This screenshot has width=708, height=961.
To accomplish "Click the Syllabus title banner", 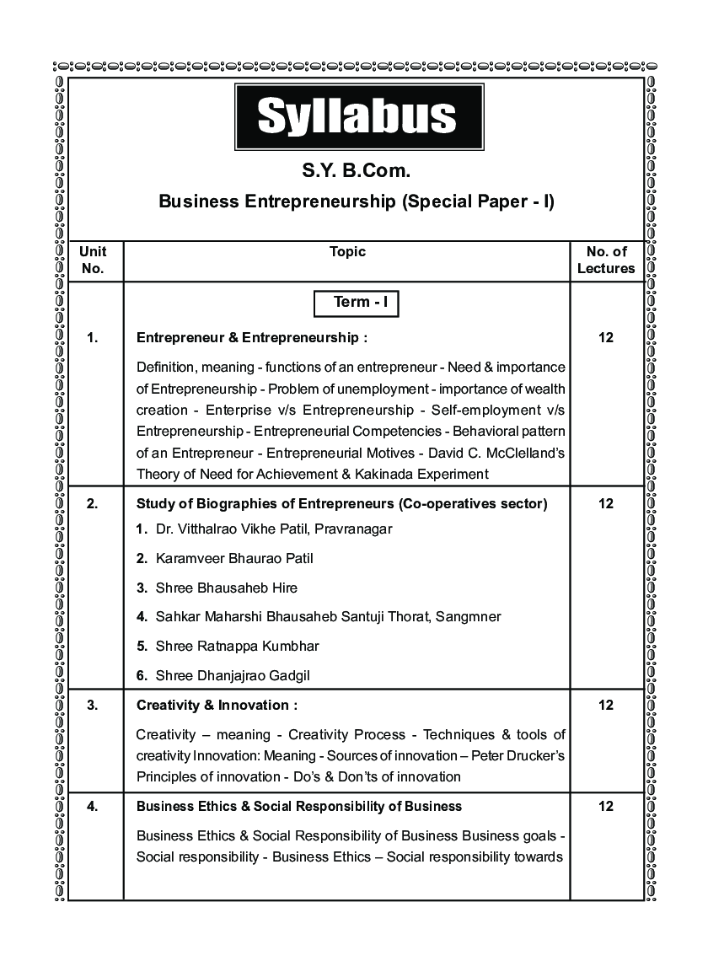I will [x=357, y=117].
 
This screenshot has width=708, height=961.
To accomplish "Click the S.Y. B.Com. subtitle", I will [x=357, y=172].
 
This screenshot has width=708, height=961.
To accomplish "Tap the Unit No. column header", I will [x=94, y=260].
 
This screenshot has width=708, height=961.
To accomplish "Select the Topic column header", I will [x=347, y=251].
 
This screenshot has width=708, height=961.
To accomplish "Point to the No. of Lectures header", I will [x=606, y=260].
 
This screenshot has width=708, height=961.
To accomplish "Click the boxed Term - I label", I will [x=355, y=302].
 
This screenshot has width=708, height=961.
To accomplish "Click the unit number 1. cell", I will [x=93, y=338].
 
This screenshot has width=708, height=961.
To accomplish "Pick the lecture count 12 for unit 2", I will [x=606, y=504].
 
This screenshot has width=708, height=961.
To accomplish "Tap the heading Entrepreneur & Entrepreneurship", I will [x=252, y=338].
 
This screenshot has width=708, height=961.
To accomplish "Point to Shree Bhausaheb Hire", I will [x=226, y=588].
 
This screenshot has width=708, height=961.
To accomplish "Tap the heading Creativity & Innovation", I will [x=217, y=705].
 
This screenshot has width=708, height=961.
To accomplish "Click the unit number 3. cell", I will [x=93, y=705].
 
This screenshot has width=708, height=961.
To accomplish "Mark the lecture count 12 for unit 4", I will [x=606, y=806].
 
